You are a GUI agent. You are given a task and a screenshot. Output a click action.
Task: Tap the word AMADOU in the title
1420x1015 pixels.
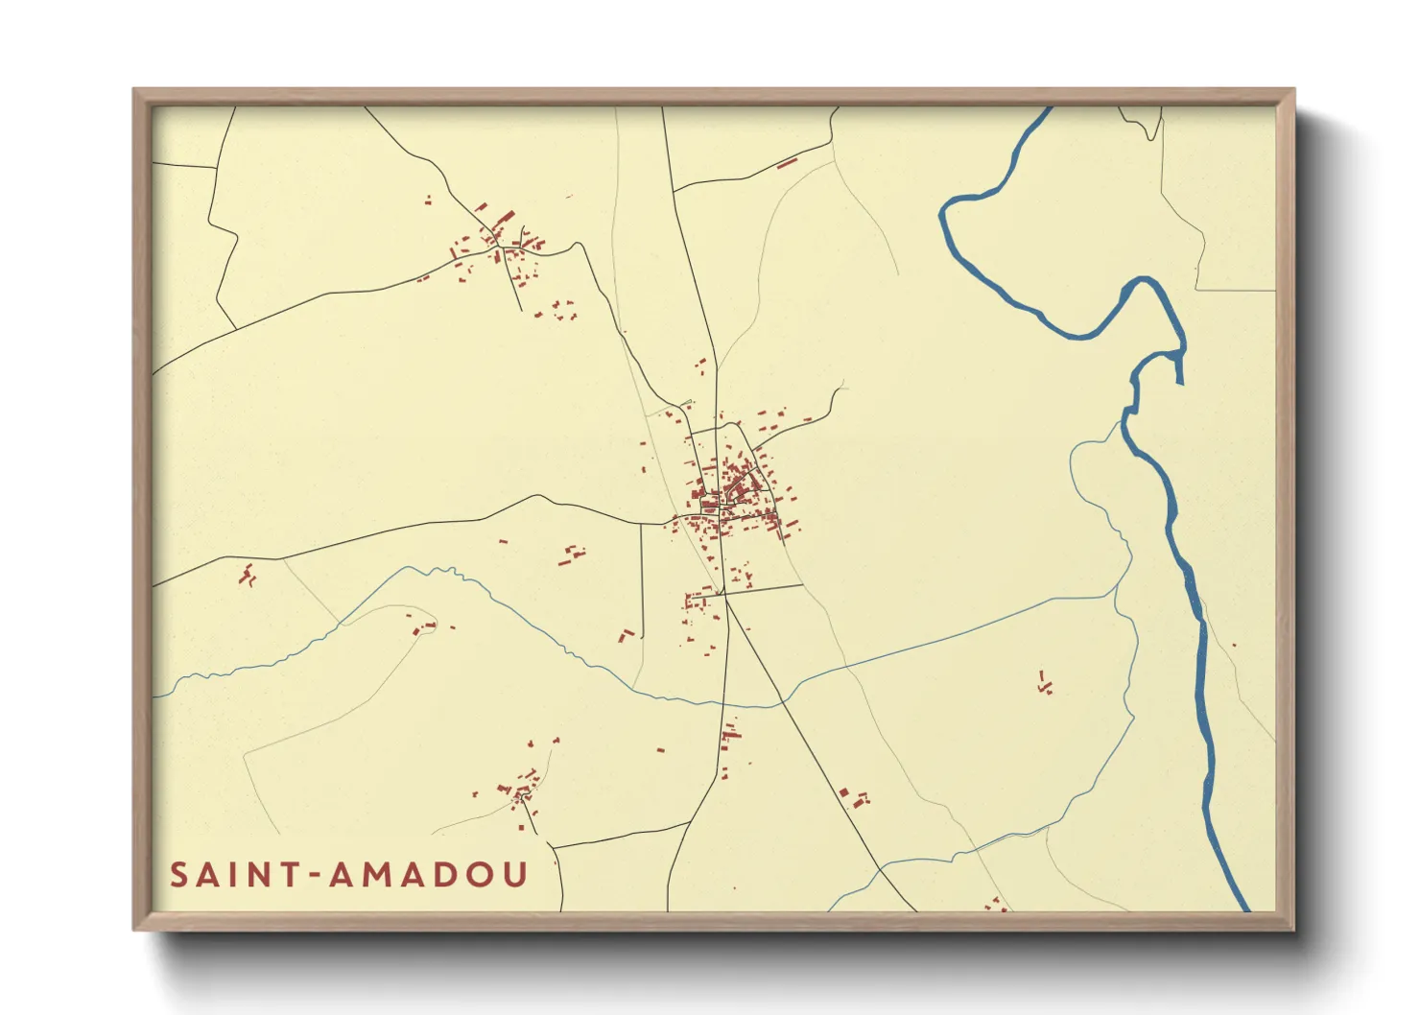[428, 875]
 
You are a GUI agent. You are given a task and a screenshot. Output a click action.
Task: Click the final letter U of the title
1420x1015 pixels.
[514, 875]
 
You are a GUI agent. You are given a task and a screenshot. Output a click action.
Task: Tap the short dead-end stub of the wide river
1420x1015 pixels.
[1179, 369]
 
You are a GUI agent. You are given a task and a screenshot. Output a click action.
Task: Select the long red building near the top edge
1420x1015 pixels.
[787, 163]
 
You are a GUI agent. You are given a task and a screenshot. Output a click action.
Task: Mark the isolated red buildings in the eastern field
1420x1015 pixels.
[1045, 683]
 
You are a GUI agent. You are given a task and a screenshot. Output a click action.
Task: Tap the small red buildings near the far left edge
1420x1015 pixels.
[248, 576]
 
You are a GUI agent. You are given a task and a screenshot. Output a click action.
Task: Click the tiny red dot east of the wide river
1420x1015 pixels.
[1234, 645]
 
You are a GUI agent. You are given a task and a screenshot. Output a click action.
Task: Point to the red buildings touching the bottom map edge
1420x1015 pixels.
[995, 905]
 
